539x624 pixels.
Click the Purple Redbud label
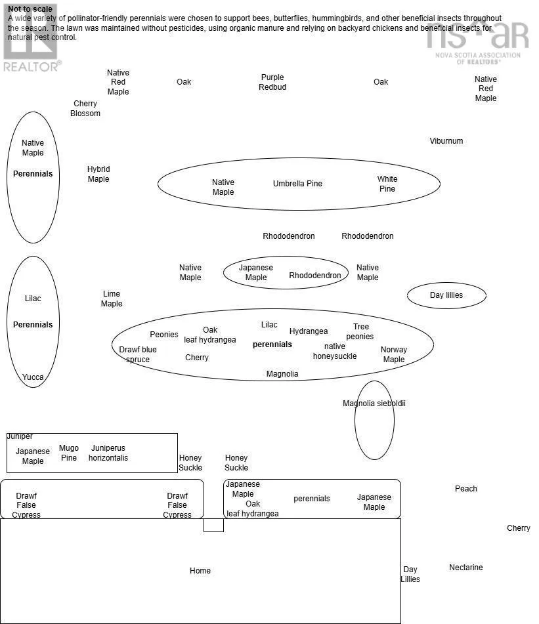click(x=272, y=82)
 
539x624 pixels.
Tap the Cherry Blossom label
click(x=85, y=108)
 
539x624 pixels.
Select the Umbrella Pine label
click(x=297, y=184)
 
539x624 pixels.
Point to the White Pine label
click(x=387, y=184)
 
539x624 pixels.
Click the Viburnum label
click(x=446, y=141)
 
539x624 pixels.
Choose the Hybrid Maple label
click(x=98, y=174)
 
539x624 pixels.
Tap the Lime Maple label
click(x=112, y=299)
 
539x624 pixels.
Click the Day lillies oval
click(x=446, y=295)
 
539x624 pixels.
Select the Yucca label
click(x=33, y=377)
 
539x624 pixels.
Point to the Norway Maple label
click(x=394, y=354)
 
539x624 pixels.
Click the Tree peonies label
click(x=360, y=331)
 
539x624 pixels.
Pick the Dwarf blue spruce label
click(x=138, y=354)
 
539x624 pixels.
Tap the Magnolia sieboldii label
click(x=374, y=404)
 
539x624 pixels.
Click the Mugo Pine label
click(x=69, y=453)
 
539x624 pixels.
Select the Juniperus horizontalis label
click(x=108, y=453)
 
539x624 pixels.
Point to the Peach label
click(x=466, y=489)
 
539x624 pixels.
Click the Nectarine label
click(x=466, y=568)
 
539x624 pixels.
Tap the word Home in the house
click(x=200, y=571)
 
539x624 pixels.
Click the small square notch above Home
click(x=213, y=525)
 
